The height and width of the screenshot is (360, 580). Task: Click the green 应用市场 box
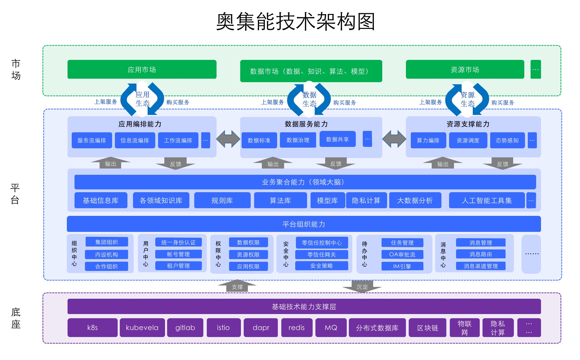click(142, 70)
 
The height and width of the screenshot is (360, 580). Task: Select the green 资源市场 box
click(465, 70)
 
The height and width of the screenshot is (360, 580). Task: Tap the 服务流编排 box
click(92, 140)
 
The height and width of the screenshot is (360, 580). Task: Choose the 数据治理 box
click(298, 140)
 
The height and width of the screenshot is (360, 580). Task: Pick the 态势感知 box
click(507, 140)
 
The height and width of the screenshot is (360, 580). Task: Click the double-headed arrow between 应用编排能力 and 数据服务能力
click(228, 139)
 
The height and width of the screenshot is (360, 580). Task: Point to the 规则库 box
click(222, 201)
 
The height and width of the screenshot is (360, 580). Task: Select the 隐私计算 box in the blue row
click(366, 201)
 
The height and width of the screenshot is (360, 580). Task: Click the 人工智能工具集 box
click(486, 201)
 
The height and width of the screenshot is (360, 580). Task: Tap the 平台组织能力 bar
click(304, 224)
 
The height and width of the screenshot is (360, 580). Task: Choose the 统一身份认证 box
click(178, 242)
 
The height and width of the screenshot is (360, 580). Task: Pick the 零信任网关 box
click(321, 255)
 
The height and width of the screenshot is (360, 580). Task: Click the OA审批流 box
click(402, 255)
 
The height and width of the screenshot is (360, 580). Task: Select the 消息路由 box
click(480, 254)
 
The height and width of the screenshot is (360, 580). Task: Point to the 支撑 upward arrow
click(237, 286)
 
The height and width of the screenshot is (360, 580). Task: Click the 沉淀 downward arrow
click(362, 287)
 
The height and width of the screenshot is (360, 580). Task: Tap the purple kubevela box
click(142, 328)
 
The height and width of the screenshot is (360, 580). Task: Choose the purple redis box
click(296, 328)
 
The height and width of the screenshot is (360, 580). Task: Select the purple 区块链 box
click(427, 328)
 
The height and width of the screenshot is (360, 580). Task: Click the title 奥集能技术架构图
click(295, 22)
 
